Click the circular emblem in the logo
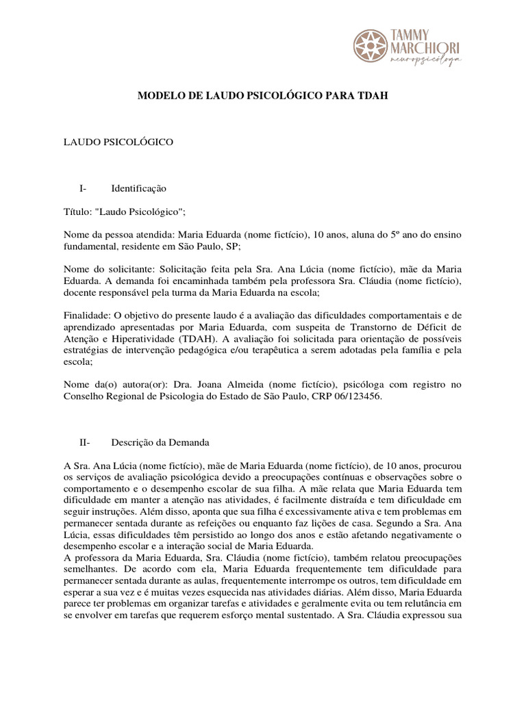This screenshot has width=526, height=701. coord(369,45)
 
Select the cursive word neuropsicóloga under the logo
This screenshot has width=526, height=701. coord(425,61)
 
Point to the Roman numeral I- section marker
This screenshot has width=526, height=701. coord(84,188)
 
